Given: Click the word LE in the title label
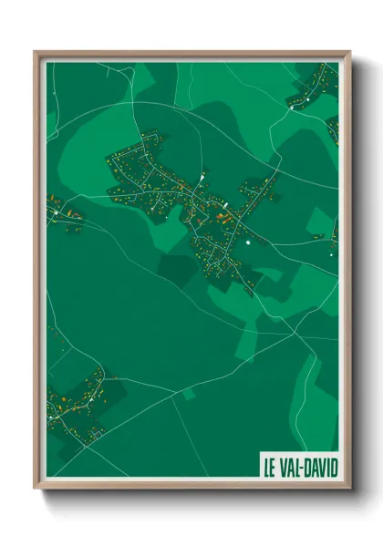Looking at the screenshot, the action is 271,468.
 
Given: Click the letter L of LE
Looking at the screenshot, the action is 267,468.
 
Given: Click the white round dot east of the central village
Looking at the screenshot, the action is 247,243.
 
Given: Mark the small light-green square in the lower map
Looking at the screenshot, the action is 190,394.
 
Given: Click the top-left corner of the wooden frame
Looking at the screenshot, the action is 36,52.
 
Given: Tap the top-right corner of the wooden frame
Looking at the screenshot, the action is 349,52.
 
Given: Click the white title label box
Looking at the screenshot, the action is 300,468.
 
